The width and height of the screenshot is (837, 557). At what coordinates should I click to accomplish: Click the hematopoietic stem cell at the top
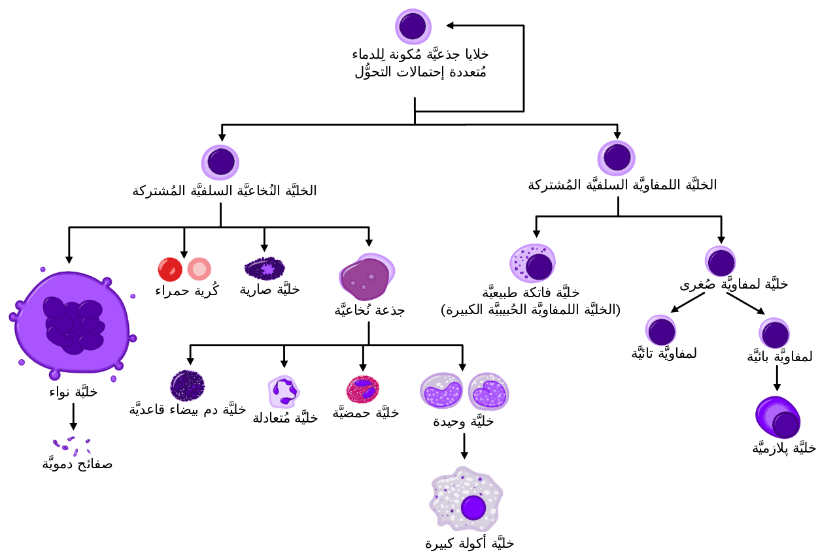[413, 27]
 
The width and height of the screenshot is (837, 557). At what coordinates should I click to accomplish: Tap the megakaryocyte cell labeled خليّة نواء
[73, 323]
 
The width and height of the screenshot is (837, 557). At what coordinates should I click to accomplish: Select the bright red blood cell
[170, 270]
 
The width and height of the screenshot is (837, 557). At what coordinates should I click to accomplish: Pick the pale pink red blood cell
[199, 269]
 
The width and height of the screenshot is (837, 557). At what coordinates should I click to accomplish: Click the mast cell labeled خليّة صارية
[265, 268]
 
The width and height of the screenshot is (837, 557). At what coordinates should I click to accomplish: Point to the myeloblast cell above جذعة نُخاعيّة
[367, 277]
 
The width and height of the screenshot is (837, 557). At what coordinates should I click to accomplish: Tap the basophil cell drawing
[187, 386]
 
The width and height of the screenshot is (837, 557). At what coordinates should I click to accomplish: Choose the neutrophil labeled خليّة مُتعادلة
[284, 391]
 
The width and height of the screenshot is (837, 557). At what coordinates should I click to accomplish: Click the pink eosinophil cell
[363, 389]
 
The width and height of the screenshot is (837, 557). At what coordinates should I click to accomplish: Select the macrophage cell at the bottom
[466, 499]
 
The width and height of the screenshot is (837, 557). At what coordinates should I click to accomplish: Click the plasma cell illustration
[778, 417]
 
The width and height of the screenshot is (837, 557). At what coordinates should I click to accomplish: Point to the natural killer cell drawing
[532, 263]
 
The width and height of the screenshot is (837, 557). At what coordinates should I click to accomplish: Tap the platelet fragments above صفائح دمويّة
[72, 446]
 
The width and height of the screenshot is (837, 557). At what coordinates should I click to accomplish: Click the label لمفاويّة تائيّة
[664, 353]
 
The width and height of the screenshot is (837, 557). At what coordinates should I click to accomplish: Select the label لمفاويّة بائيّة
[780, 357]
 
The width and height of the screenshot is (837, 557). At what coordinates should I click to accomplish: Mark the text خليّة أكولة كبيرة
[470, 543]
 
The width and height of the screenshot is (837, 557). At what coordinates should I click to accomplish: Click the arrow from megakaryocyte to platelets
[73, 417]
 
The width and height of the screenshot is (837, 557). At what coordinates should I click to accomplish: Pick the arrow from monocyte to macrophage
[464, 446]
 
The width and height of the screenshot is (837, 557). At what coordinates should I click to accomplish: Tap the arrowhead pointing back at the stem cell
[450, 25]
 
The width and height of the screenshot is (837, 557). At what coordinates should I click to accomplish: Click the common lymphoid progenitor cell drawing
[617, 158]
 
